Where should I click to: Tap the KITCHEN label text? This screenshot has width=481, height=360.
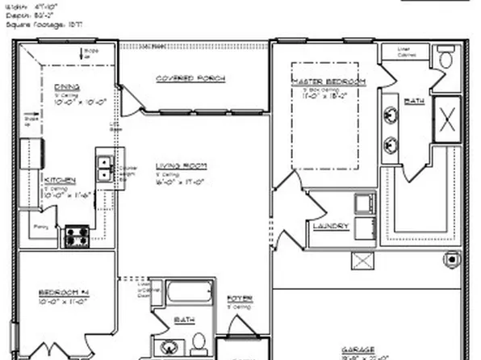pos(60,179)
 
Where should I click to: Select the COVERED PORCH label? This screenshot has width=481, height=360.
pos(190,78)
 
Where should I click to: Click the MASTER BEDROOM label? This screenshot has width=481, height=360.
pos(329,82)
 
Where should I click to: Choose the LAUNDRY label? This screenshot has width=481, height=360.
pos(331,226)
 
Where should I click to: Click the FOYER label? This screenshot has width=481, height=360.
pos(239,299)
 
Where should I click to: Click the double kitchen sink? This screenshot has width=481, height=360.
pos(105,168)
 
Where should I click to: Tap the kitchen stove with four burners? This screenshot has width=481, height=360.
pos(77,236)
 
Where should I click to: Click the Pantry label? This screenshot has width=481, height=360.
pos(40,228)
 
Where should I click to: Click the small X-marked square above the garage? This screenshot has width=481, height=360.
pos(360,261)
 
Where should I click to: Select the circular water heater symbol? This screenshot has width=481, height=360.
pos(449,260)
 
